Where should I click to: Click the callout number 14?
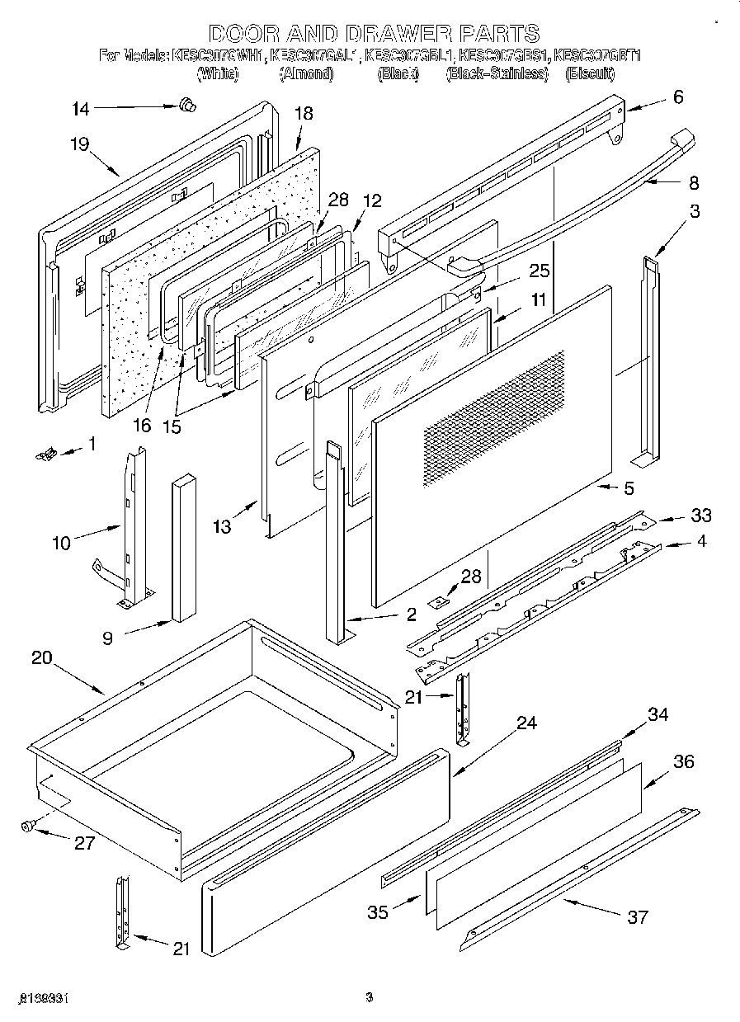[x=79, y=108]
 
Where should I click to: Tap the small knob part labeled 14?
[x=187, y=104]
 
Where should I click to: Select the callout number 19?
[x=79, y=144]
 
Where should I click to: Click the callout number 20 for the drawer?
[x=42, y=658]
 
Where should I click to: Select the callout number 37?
[x=638, y=916]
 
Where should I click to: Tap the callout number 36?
[x=684, y=762]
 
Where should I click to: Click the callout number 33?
[x=700, y=516]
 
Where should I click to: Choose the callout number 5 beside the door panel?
[x=629, y=489]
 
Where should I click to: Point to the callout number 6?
[x=678, y=97]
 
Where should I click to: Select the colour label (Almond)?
[x=306, y=74]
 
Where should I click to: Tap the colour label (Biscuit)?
[x=590, y=74]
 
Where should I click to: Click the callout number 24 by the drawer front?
[x=526, y=723]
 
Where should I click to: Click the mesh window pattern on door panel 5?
[x=495, y=421]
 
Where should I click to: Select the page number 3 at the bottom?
[x=370, y=998]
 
